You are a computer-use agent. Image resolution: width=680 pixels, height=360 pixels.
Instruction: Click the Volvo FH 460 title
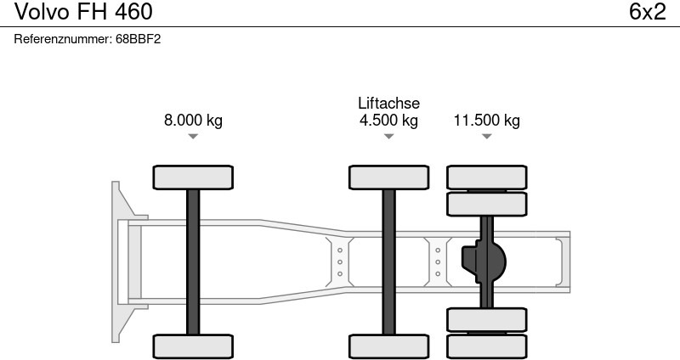click(x=83, y=12)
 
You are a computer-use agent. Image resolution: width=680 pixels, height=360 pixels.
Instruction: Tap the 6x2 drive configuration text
click(x=647, y=12)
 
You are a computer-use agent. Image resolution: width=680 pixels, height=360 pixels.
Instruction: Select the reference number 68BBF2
click(x=138, y=39)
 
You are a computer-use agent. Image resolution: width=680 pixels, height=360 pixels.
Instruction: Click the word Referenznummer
click(x=63, y=39)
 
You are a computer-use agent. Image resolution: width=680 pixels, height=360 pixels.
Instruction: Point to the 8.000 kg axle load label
click(x=193, y=120)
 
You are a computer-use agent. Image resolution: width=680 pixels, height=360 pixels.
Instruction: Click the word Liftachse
click(x=389, y=103)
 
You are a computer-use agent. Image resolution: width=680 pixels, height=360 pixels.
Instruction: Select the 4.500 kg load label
click(x=389, y=120)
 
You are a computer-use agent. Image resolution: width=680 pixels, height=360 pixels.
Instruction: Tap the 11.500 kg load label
click(x=486, y=120)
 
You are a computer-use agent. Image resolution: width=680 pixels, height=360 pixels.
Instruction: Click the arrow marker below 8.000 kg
click(x=193, y=137)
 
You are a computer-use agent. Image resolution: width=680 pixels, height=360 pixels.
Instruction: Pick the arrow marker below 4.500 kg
click(x=389, y=137)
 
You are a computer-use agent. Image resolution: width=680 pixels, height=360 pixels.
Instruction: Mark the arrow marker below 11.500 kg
click(x=486, y=137)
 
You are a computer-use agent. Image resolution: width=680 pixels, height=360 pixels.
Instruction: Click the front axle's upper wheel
click(x=193, y=177)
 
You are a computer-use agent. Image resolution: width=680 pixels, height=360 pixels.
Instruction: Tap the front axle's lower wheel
click(x=193, y=346)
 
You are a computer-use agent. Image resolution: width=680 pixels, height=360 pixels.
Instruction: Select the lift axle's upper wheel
click(x=389, y=177)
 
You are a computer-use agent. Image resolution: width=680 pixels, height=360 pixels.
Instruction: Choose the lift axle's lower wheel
click(x=389, y=346)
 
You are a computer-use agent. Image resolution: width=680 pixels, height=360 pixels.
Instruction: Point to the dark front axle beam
click(x=193, y=262)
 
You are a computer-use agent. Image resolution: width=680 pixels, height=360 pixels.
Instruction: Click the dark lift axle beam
click(x=389, y=262)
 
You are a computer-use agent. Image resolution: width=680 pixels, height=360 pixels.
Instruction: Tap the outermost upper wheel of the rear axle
click(x=486, y=177)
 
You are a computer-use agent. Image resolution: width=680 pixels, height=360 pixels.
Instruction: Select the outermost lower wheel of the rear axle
click(x=486, y=346)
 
